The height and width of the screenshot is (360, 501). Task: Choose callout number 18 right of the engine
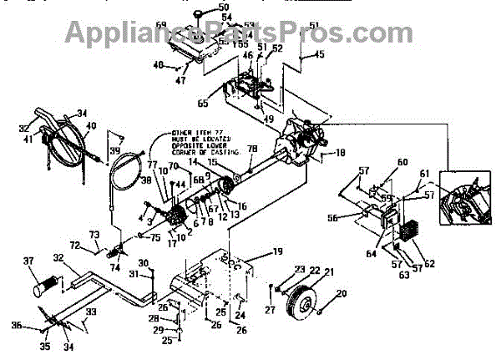tap(341, 153)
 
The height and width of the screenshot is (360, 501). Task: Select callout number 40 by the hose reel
tap(91, 126)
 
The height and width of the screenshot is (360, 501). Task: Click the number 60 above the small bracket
tap(402, 162)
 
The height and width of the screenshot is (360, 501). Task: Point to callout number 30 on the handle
tap(143, 263)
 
